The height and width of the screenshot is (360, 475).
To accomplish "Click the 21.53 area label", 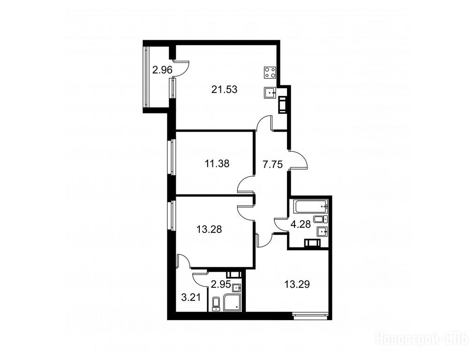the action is (x=224, y=90).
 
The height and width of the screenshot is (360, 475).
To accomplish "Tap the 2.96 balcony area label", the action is (x=162, y=70).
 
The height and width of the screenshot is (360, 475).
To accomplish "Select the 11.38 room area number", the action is (x=217, y=164).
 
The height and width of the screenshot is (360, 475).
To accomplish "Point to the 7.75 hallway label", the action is (x=272, y=165).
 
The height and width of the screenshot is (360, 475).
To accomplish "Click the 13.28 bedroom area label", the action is (x=209, y=229).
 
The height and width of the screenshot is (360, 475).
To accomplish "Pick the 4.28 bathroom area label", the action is (x=301, y=225).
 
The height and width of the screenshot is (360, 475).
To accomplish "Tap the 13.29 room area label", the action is (x=297, y=285).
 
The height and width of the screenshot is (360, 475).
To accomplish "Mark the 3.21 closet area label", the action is (x=191, y=297).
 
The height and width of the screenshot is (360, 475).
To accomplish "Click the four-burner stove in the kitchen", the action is (x=270, y=72).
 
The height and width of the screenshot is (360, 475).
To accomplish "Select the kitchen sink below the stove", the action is (x=270, y=92).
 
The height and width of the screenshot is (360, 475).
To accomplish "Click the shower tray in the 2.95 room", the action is (x=233, y=302).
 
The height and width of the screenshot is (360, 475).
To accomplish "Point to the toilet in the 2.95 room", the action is (x=216, y=304).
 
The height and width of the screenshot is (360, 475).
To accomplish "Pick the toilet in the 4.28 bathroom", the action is (x=321, y=219).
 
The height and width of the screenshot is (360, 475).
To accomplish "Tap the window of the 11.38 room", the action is (x=171, y=157).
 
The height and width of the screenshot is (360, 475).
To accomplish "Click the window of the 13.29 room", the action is (x=310, y=316).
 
